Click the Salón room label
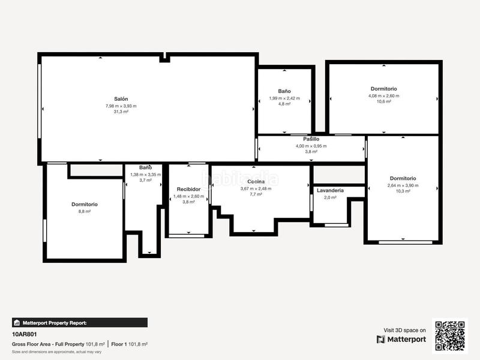(x=121, y=99)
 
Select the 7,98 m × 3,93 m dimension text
(x=121, y=106)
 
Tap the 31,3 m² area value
(x=121, y=112)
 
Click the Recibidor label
(x=188, y=189)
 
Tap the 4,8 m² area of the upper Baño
(x=284, y=104)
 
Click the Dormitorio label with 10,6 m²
(x=383, y=88)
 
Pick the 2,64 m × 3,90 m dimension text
(x=403, y=185)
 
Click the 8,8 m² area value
(x=84, y=211)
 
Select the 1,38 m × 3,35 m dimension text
(x=145, y=174)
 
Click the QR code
(x=450, y=336)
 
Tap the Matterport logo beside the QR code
(x=401, y=339)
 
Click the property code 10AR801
(x=25, y=334)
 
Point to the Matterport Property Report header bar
(x=79, y=322)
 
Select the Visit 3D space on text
(x=405, y=330)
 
